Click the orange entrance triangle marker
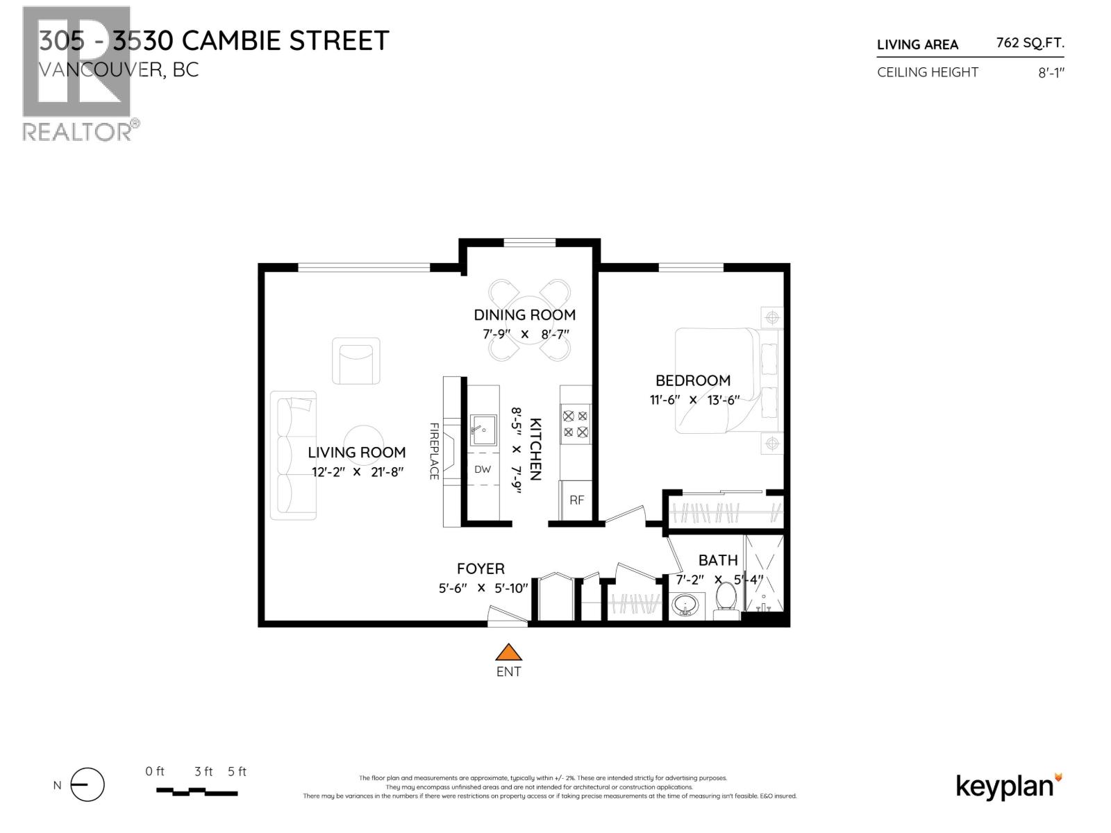508,653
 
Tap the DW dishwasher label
483,469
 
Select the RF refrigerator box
576,500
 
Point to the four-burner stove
576,424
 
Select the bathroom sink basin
687,605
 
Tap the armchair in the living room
356,361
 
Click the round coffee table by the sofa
361,443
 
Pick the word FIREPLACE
434,451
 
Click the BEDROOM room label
693,380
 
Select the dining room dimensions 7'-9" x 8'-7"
524,334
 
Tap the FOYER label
481,569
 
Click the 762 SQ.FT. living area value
1030,43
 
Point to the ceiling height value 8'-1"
1051,73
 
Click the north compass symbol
87,786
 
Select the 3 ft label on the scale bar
203,771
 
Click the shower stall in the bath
765,573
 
